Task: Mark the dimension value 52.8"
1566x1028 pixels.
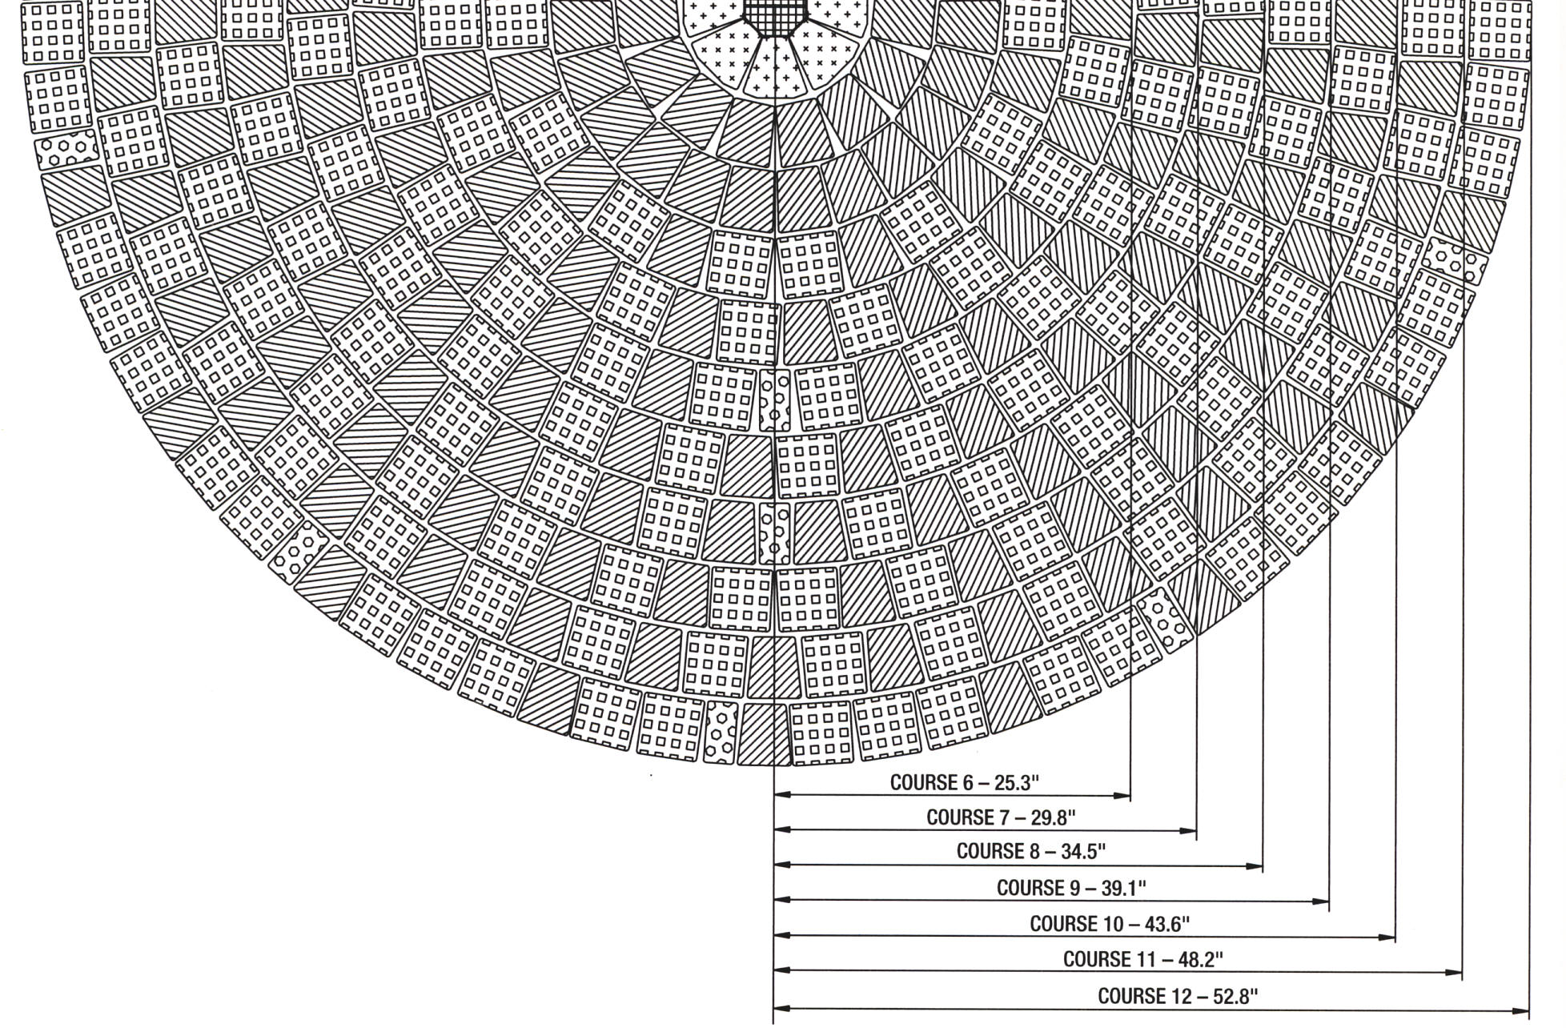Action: pyautogui.click(x=1231, y=996)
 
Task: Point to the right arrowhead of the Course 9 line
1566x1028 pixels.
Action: pyautogui.click(x=1321, y=901)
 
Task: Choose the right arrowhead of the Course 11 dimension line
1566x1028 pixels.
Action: pyautogui.click(x=1454, y=972)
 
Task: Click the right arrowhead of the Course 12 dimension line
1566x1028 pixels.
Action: pyautogui.click(x=1520, y=1010)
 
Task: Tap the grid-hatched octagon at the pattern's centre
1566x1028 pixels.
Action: pyautogui.click(x=774, y=16)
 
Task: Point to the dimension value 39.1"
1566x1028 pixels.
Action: pyautogui.click(x=1120, y=888)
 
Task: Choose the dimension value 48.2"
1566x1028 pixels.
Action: pyautogui.click(x=1197, y=959)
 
